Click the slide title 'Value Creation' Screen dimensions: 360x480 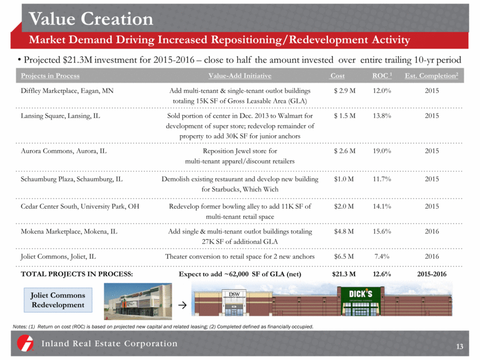91,19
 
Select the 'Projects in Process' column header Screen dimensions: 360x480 50,76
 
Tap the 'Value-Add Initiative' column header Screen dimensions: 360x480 239,76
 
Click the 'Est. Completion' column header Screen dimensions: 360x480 431,76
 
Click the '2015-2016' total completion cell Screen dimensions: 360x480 431,274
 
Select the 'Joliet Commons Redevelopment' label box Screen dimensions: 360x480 58,299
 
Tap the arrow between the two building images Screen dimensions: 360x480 183,305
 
